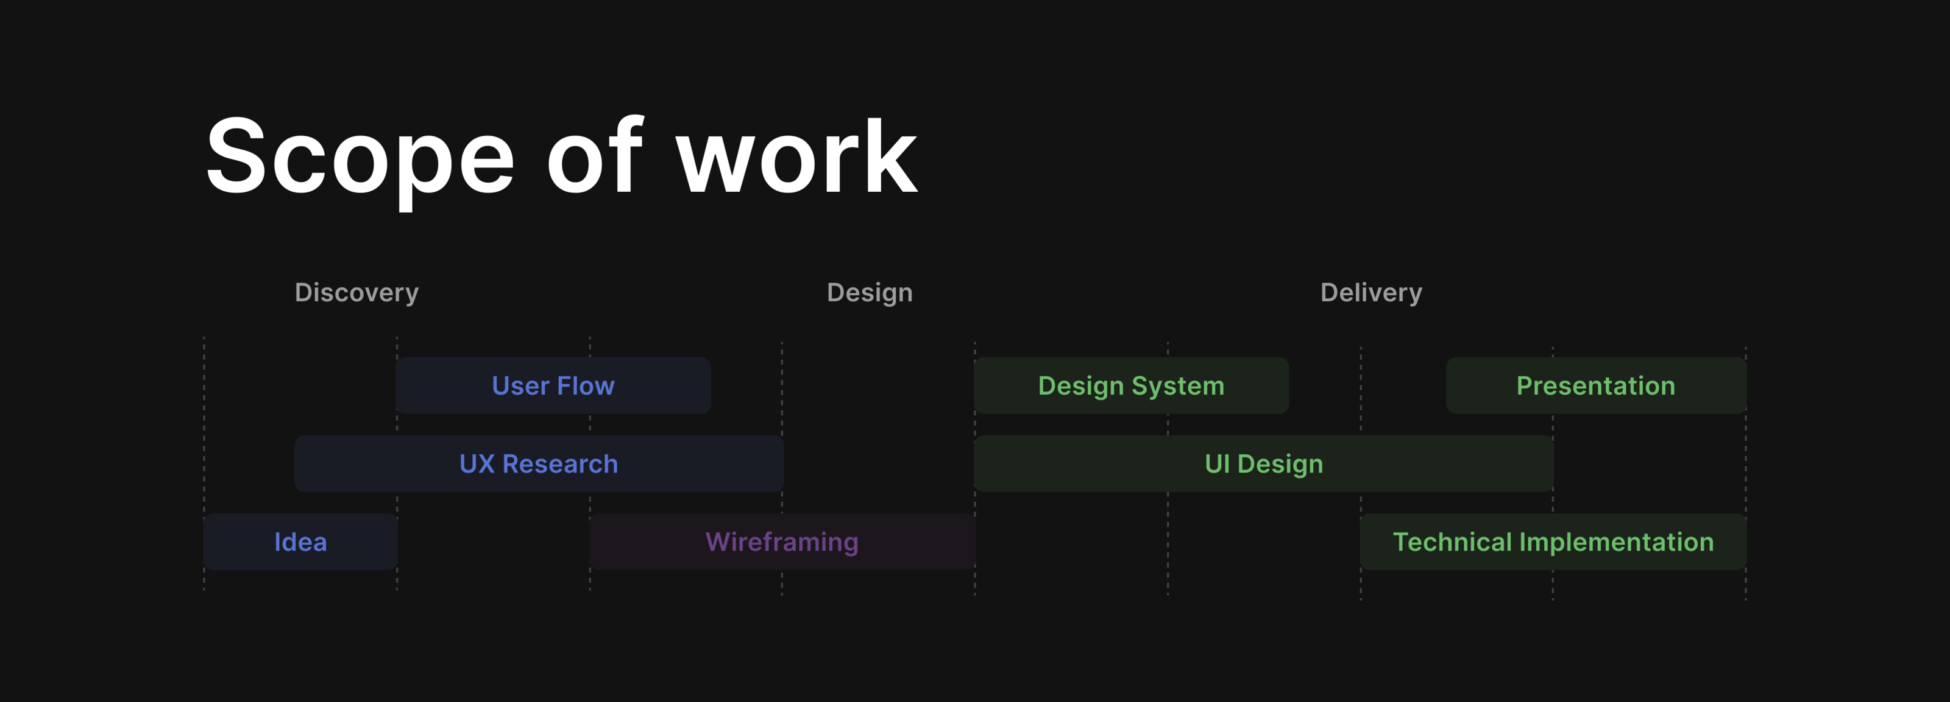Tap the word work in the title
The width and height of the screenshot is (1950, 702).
pos(796,157)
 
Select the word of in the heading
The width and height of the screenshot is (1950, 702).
pos(595,157)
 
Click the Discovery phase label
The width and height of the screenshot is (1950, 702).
pos(356,293)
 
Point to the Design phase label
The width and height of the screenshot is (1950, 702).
pos(870,293)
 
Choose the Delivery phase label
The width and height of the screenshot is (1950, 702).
pos(1371,293)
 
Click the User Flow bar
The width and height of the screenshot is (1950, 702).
pos(553,386)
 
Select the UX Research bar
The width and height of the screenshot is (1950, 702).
pos(538,464)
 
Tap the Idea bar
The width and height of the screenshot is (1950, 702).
pos(300,542)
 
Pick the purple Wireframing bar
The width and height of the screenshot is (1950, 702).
pos(782,542)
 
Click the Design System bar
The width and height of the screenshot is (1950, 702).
pos(1131,386)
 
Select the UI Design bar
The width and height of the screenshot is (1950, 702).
pos(1263,464)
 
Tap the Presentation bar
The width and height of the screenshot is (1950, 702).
pos(1596,386)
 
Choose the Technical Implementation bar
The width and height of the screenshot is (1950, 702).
pos(1553,542)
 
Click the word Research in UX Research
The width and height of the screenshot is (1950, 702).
pos(560,464)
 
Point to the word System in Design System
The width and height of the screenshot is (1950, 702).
pos(1178,386)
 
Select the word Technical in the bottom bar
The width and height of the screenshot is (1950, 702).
pos(1452,542)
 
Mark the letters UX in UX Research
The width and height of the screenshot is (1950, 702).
pos(477,464)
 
